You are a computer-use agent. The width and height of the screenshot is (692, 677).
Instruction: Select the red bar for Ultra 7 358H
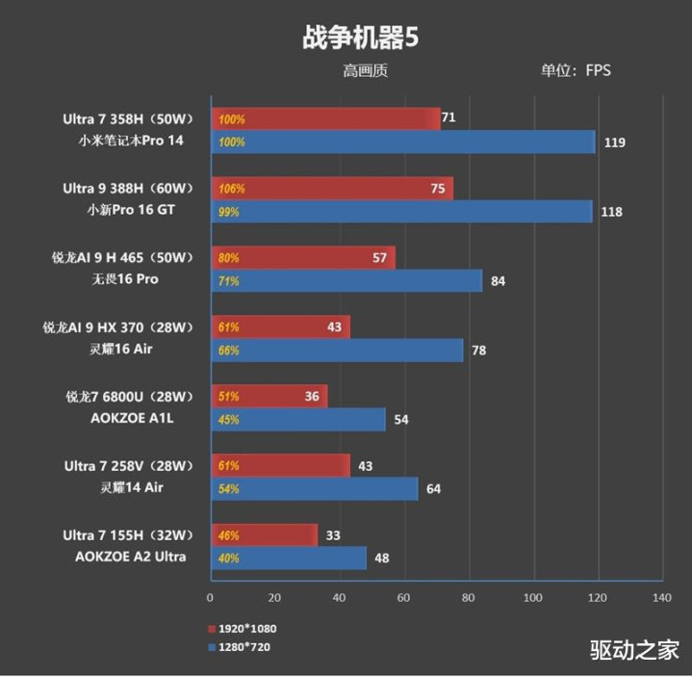[x=325, y=119]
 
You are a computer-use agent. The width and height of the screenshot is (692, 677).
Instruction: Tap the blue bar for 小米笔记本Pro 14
[x=402, y=143]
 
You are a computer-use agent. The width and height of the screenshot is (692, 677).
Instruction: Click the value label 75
[x=438, y=189]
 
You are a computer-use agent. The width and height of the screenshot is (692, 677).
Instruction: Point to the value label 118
[x=610, y=212]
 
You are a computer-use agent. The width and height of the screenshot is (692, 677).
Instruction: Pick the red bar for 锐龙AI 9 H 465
[x=302, y=258]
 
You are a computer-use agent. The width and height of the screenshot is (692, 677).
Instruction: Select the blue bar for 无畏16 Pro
[x=346, y=281]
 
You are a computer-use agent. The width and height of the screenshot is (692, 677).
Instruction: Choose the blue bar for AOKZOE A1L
[x=298, y=420]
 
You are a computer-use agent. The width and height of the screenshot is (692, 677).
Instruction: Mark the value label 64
[x=433, y=489]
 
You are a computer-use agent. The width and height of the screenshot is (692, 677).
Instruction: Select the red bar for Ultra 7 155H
[x=264, y=535]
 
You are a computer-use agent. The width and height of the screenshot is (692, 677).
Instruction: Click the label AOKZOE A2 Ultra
[x=130, y=557]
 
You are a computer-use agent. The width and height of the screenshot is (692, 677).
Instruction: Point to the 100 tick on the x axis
[x=532, y=598]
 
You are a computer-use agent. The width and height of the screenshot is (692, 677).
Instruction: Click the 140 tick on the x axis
[x=661, y=598]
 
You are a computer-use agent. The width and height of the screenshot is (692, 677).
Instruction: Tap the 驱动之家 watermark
[x=634, y=650]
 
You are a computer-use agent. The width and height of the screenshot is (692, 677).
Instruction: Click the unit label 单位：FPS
[x=576, y=69]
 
